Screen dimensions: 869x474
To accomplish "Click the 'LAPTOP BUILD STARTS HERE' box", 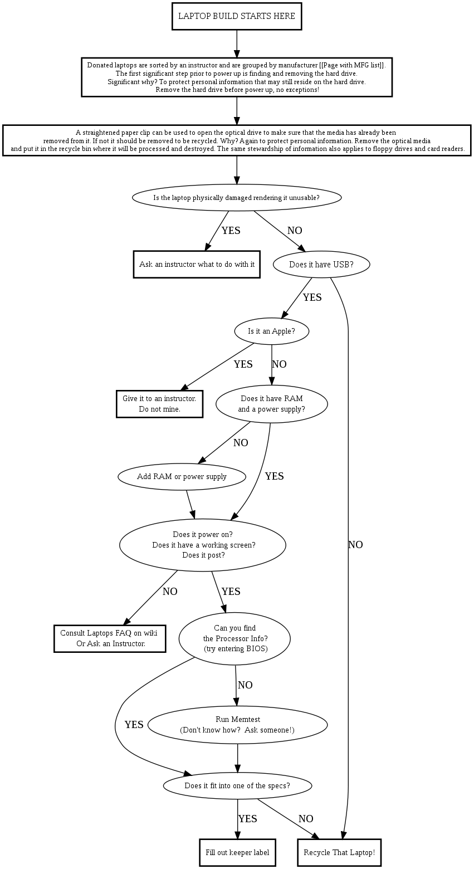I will point(237,16).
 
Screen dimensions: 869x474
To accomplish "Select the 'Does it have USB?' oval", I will point(321,265).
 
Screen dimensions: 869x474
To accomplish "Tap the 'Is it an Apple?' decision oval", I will point(271,331).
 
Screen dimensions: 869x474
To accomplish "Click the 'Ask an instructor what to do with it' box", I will point(197,264).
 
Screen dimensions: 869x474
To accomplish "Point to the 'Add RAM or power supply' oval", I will point(182,476).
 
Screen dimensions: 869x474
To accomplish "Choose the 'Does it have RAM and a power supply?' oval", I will point(271,404).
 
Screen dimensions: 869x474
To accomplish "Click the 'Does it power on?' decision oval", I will point(203,544).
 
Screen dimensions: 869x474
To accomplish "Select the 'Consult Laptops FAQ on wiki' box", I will point(110,638).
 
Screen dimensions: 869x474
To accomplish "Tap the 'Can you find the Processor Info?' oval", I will point(234,638).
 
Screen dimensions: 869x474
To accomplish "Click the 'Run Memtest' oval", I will point(237,724).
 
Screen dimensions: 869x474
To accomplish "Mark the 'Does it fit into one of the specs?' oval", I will point(237,785).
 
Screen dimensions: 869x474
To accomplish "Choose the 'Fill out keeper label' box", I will point(237,852).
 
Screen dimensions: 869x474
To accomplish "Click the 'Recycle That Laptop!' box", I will point(339,852).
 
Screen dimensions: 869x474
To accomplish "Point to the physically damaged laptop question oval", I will point(237,197).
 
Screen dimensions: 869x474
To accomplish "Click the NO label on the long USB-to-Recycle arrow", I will point(355,545).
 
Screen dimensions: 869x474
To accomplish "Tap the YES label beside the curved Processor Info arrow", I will point(134,725).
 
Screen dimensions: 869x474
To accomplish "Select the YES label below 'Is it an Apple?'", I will point(243,364).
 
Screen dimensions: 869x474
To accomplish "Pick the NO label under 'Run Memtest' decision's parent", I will point(245,685).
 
